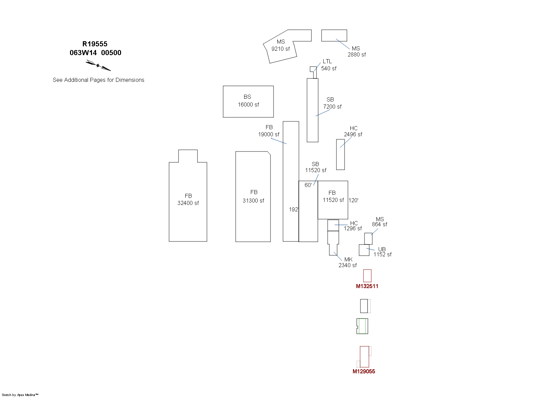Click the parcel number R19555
[x=95, y=44]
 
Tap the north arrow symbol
[x=98, y=65]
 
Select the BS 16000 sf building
[x=248, y=101]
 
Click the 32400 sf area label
[x=188, y=203]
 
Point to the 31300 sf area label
[x=253, y=201]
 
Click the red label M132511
[x=367, y=286]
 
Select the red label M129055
[x=364, y=371]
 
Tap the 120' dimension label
[x=353, y=200]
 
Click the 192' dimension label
[x=293, y=210]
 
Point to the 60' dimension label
[x=308, y=185]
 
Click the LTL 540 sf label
[x=328, y=65]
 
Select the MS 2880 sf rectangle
[x=334, y=36]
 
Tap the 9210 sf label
[x=281, y=49]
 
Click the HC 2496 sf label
[x=353, y=131]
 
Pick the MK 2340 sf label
[x=348, y=262]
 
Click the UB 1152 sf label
[x=382, y=252]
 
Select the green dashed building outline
[x=362, y=326]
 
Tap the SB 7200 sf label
[x=332, y=103]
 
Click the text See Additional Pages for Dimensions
[x=98, y=80]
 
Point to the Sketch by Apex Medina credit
[x=20, y=395]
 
